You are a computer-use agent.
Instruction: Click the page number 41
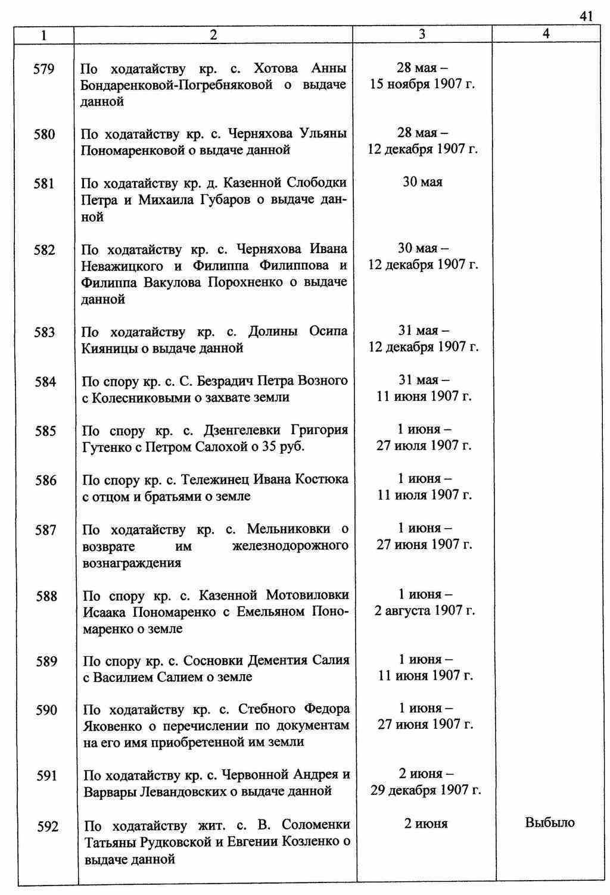(586, 16)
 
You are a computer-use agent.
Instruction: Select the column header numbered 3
(422, 35)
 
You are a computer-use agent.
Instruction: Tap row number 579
(43, 69)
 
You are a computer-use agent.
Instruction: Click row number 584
(45, 381)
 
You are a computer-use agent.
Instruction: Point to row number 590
(46, 710)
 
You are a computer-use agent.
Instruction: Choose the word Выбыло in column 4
(549, 823)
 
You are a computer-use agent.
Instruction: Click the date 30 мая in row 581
(422, 182)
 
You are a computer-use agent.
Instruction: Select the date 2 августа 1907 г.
(424, 611)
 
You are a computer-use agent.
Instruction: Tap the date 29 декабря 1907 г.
(425, 791)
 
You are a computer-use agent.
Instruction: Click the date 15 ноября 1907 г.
(422, 84)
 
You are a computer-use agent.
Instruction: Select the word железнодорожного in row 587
(290, 546)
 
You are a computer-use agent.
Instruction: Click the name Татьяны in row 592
(112, 843)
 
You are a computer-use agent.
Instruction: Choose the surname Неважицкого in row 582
(125, 266)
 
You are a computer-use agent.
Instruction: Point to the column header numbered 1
(43, 35)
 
